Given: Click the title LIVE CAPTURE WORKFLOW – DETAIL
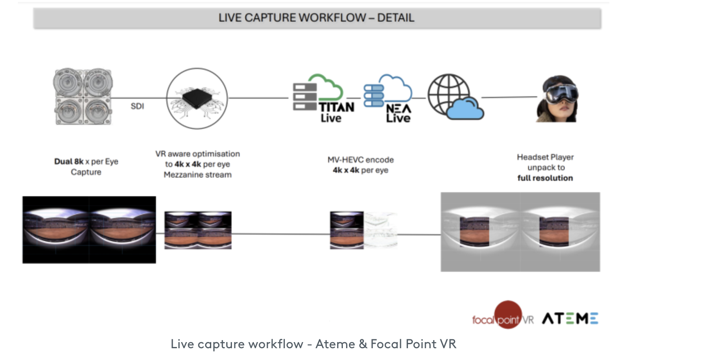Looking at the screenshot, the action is click(x=316, y=18).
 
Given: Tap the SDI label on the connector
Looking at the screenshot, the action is click(x=137, y=106).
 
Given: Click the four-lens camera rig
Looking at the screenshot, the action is click(x=83, y=96).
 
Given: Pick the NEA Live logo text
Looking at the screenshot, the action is click(x=399, y=113).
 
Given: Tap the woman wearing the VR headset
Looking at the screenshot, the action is click(x=557, y=99).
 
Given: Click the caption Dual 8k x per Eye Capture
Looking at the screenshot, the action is click(x=86, y=167).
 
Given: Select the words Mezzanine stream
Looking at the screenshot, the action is click(x=197, y=175).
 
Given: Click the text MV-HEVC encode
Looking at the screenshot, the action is click(x=361, y=160).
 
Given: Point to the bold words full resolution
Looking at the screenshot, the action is click(x=545, y=178).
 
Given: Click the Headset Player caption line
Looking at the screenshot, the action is click(x=545, y=157).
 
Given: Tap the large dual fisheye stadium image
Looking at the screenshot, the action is click(x=89, y=230).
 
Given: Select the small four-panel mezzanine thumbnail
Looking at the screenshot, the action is click(x=198, y=230).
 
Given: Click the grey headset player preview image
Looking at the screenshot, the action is click(x=520, y=232).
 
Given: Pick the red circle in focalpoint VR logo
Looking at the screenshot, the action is click(x=508, y=314).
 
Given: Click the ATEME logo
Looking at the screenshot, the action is click(x=570, y=318).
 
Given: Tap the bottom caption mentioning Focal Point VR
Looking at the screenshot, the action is click(x=313, y=344).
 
